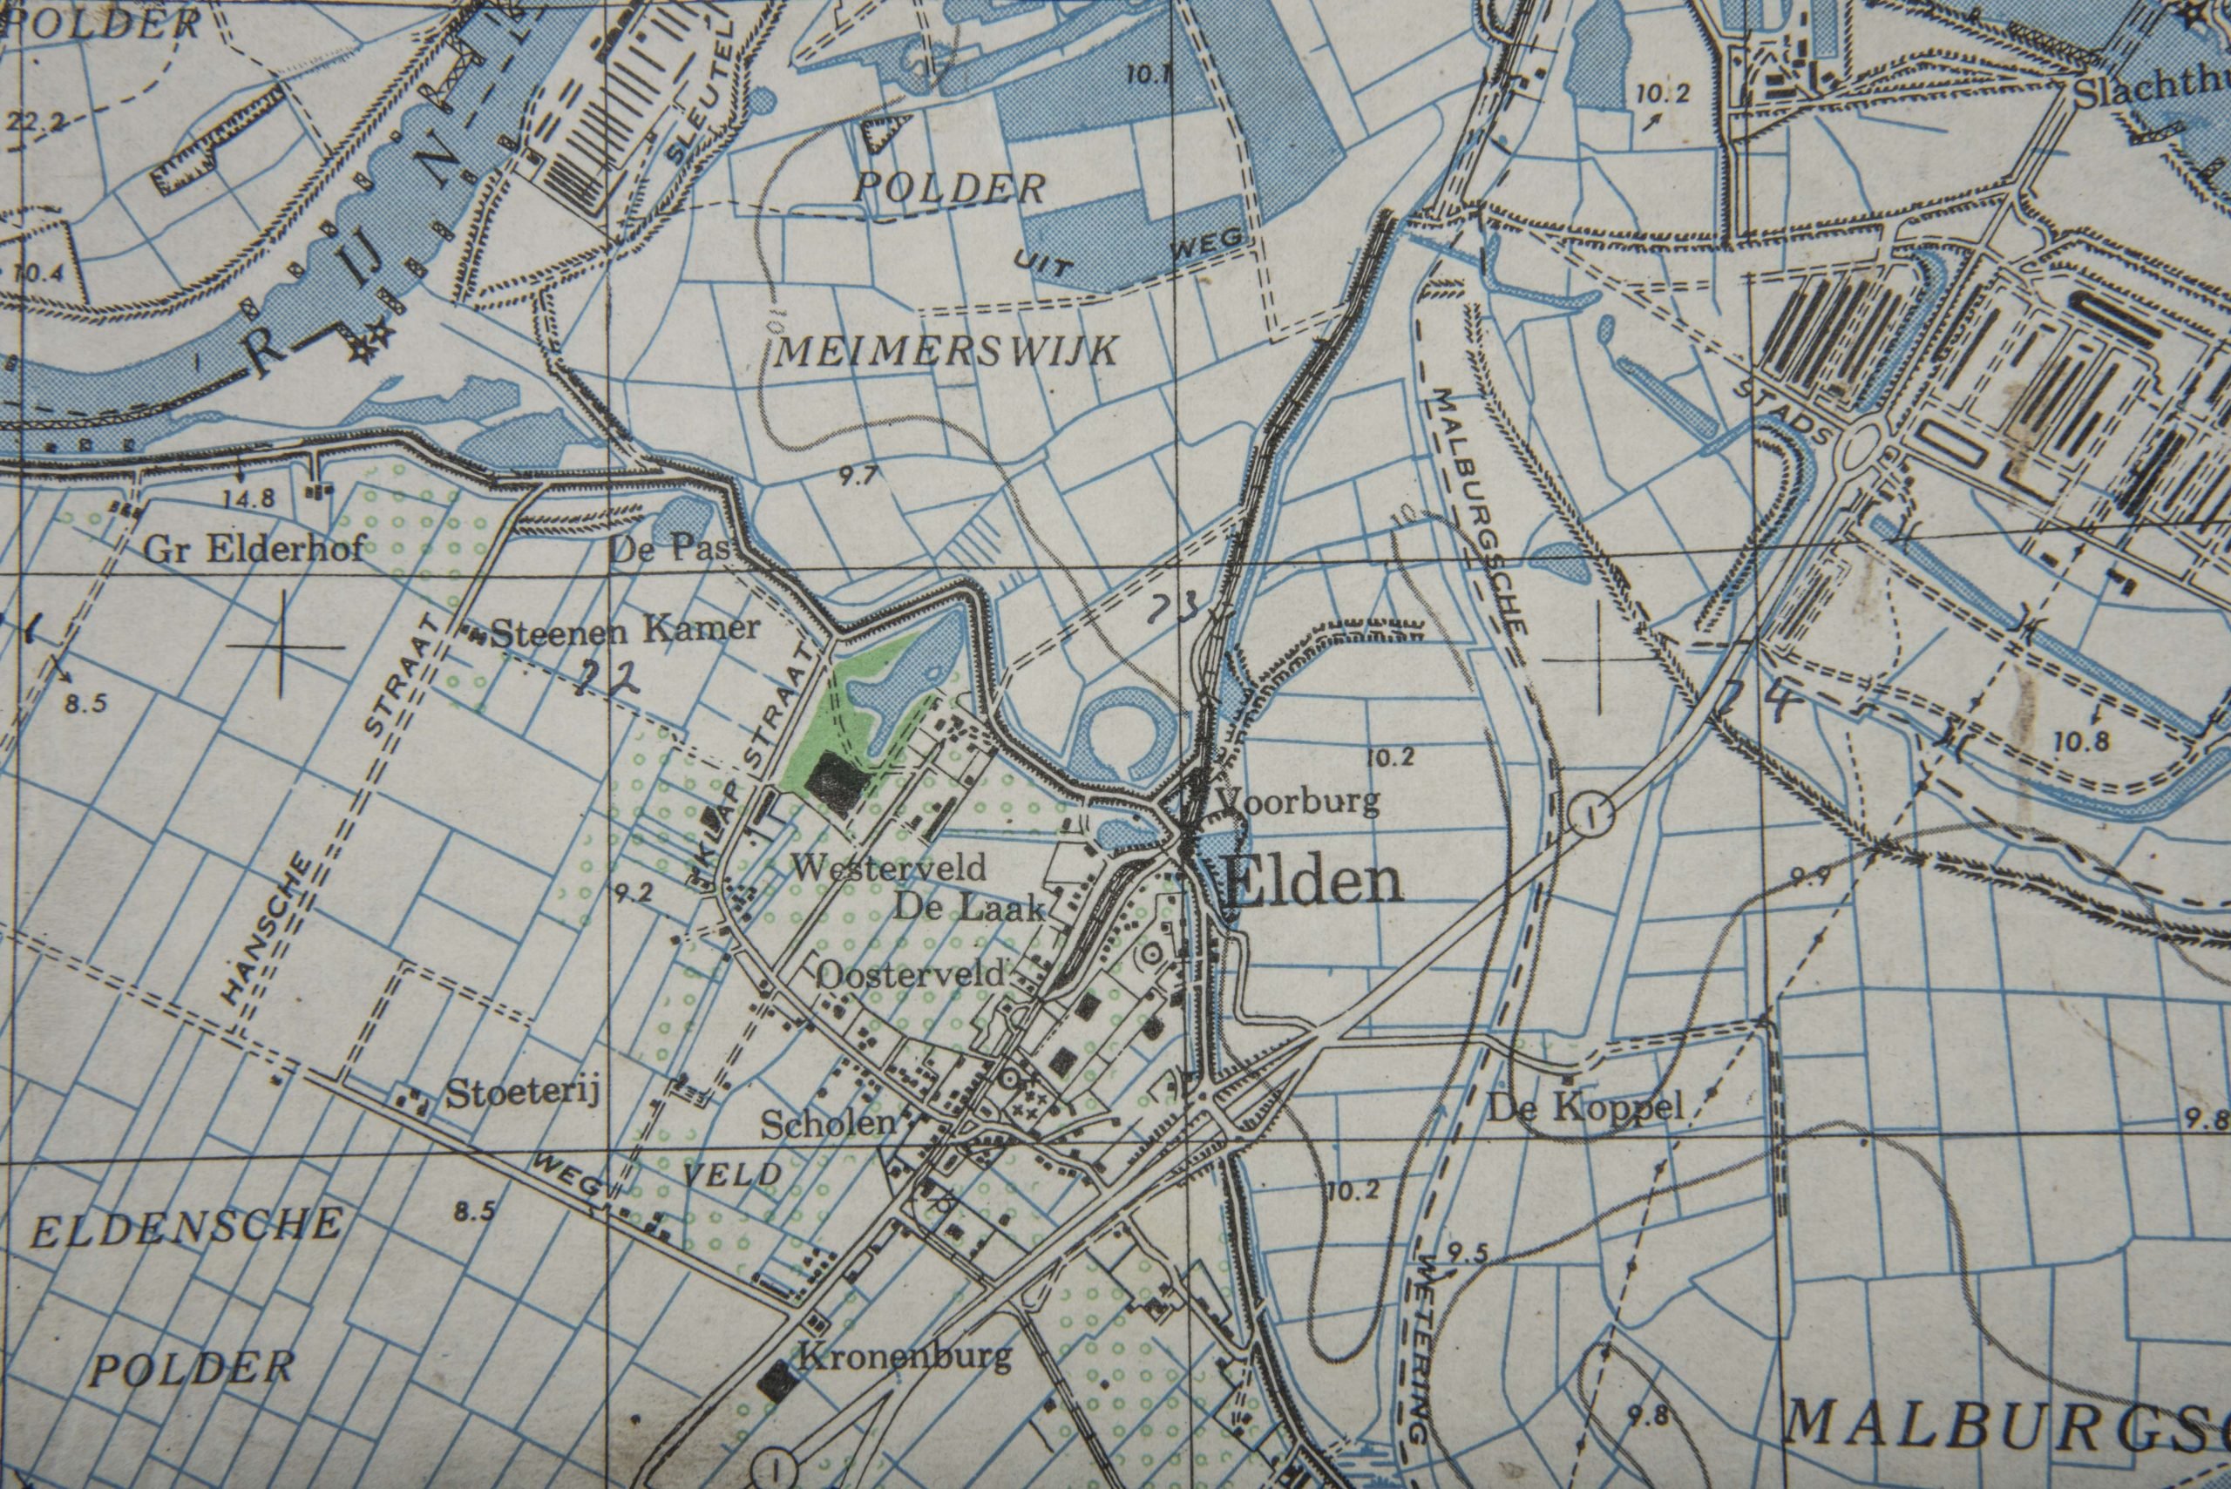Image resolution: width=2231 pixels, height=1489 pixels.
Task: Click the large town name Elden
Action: click(x=1313, y=883)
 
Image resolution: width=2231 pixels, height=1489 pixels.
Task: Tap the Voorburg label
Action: click(x=1298, y=802)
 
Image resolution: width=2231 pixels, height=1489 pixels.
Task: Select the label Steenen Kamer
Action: click(x=626, y=630)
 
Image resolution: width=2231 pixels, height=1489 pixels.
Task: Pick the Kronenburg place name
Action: click(x=905, y=1355)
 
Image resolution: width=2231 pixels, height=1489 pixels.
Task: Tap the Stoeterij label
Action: click(x=522, y=1094)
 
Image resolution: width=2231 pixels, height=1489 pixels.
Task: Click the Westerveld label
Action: click(x=890, y=866)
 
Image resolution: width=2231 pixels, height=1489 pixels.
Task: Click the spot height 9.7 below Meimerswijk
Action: click(x=858, y=477)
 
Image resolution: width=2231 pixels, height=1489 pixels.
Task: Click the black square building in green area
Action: click(x=835, y=784)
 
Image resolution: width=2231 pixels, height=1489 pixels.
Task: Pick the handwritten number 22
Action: click(x=607, y=676)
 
